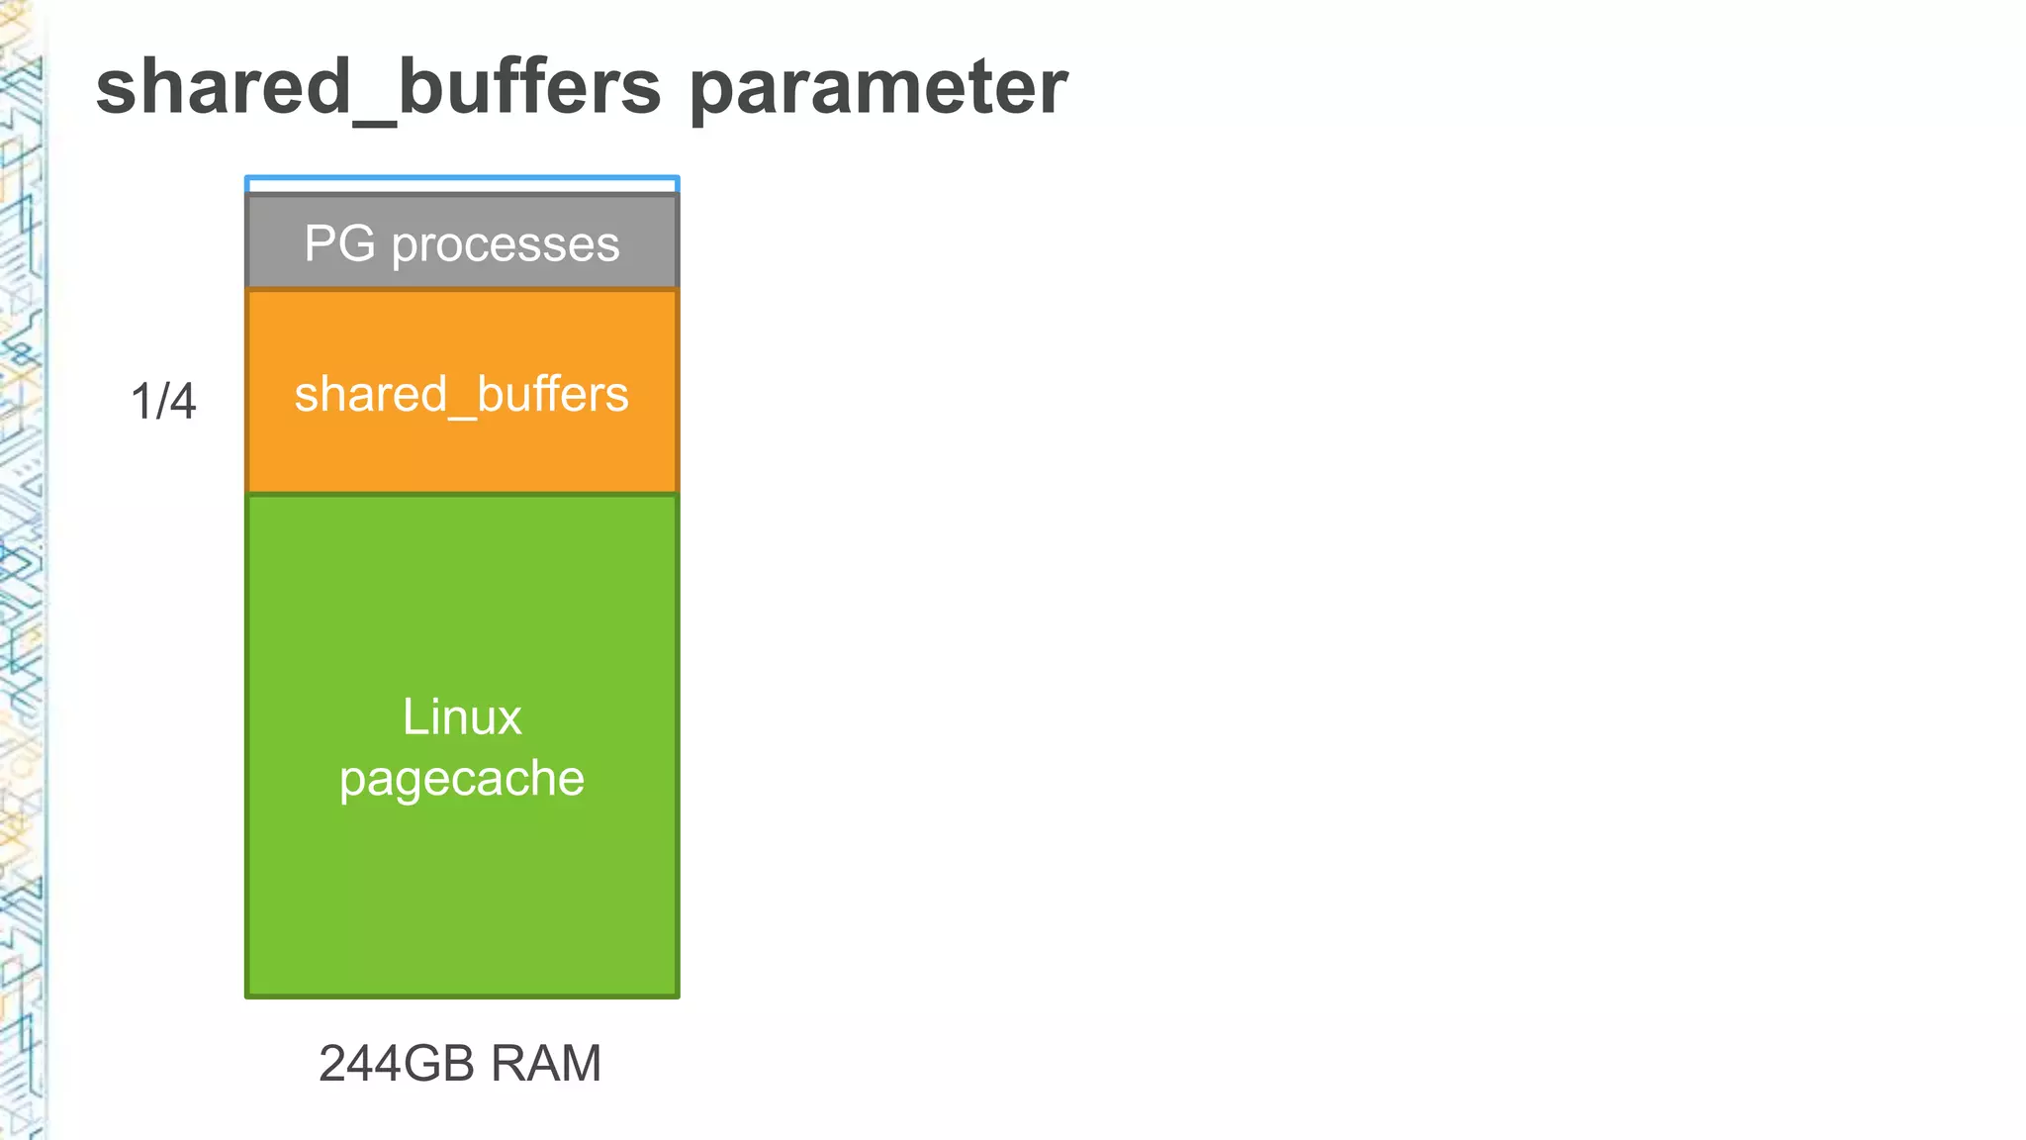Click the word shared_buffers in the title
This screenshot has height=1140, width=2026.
click(378, 87)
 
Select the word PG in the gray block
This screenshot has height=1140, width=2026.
click(339, 243)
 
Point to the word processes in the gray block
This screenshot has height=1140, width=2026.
click(506, 245)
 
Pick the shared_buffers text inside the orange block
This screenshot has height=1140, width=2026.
click(462, 395)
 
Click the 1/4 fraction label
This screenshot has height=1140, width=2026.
click(163, 402)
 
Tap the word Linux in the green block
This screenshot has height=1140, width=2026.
click(462, 717)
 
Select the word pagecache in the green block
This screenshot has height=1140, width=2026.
click(462, 779)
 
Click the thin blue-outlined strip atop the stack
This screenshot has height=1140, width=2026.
click(462, 185)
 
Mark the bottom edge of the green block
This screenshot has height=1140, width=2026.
click(462, 995)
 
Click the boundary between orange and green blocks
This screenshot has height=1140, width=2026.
click(462, 493)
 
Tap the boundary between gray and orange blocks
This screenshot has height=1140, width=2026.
click(462, 289)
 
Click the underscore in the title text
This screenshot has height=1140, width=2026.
click(376, 121)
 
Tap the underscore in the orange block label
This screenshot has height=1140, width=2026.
click(462, 415)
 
